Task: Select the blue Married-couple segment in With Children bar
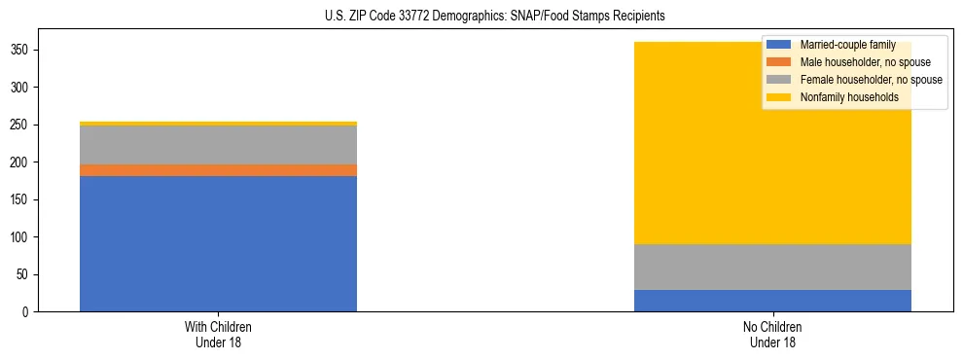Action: (x=218, y=243)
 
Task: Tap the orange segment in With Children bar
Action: (x=218, y=170)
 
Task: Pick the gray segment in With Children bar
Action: (x=218, y=145)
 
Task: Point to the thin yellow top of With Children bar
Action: (x=218, y=124)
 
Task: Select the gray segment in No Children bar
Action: (x=772, y=267)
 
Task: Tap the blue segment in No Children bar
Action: (x=772, y=301)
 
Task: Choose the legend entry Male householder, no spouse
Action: (x=851, y=62)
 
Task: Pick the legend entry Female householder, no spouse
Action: (x=855, y=80)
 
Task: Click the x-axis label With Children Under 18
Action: (x=218, y=334)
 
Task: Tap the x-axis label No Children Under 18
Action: (x=772, y=334)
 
